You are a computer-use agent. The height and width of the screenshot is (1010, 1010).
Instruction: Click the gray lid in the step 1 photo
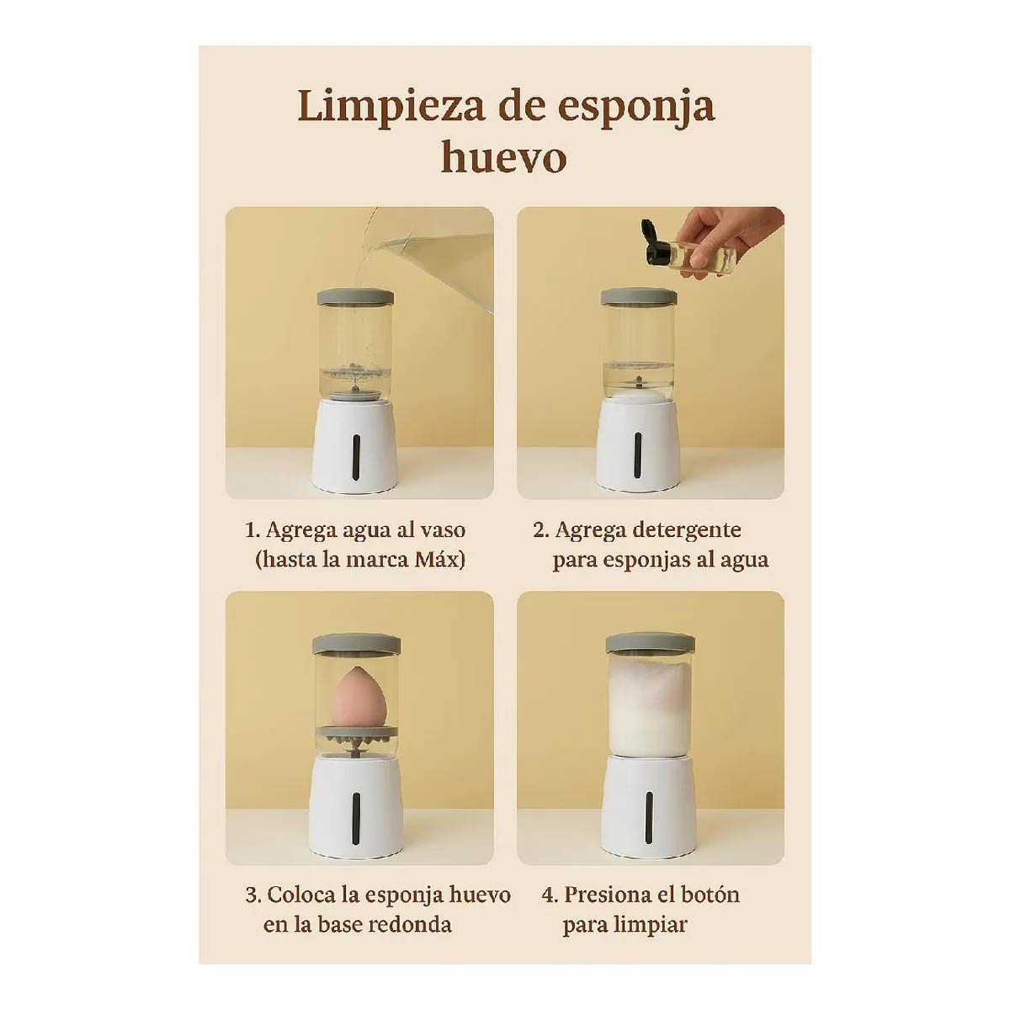tap(355, 296)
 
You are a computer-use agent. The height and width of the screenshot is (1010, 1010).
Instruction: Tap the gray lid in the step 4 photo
tap(650, 642)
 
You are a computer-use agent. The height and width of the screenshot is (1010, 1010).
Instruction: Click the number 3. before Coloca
tap(253, 895)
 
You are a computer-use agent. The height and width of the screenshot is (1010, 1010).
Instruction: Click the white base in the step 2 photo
tap(637, 446)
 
